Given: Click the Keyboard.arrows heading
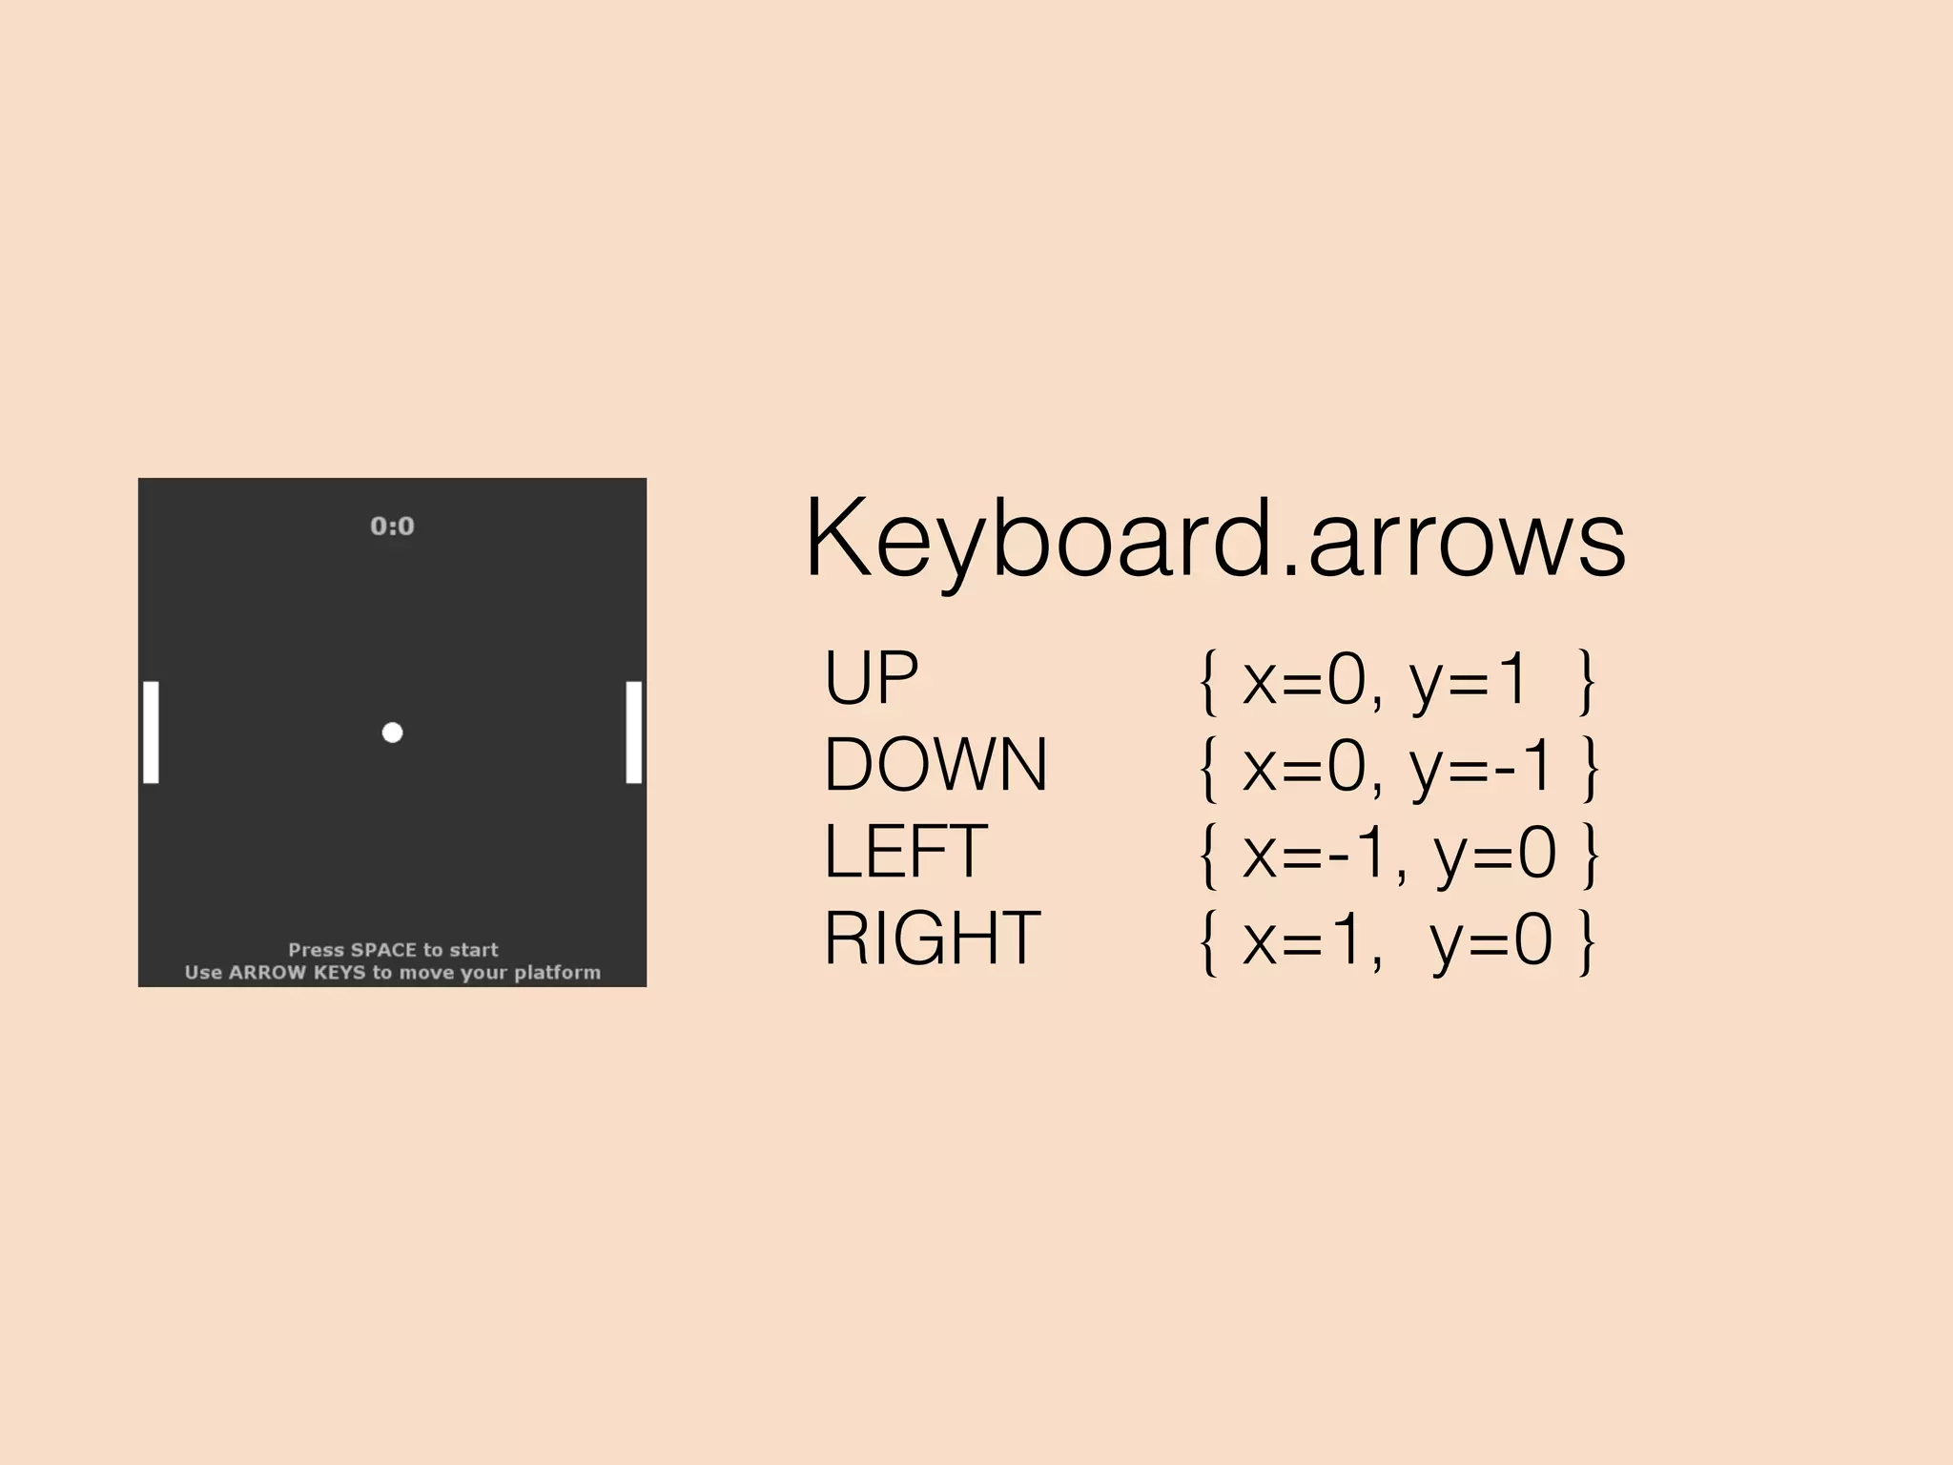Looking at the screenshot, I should [x=1215, y=540].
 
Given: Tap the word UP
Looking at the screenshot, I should [x=871, y=678].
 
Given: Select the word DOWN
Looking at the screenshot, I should [x=935, y=765].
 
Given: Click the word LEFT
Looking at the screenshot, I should [x=905, y=852].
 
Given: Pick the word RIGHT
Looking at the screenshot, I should [x=932, y=939].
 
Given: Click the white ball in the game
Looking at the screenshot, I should [x=392, y=732].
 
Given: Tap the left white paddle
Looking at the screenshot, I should [x=151, y=732].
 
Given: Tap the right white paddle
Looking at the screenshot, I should [x=634, y=732].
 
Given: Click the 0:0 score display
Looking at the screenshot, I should [x=392, y=526].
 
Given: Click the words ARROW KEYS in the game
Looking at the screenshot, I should [x=297, y=973].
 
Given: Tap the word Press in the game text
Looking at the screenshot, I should [x=316, y=950].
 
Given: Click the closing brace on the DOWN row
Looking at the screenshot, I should [x=1589, y=767].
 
